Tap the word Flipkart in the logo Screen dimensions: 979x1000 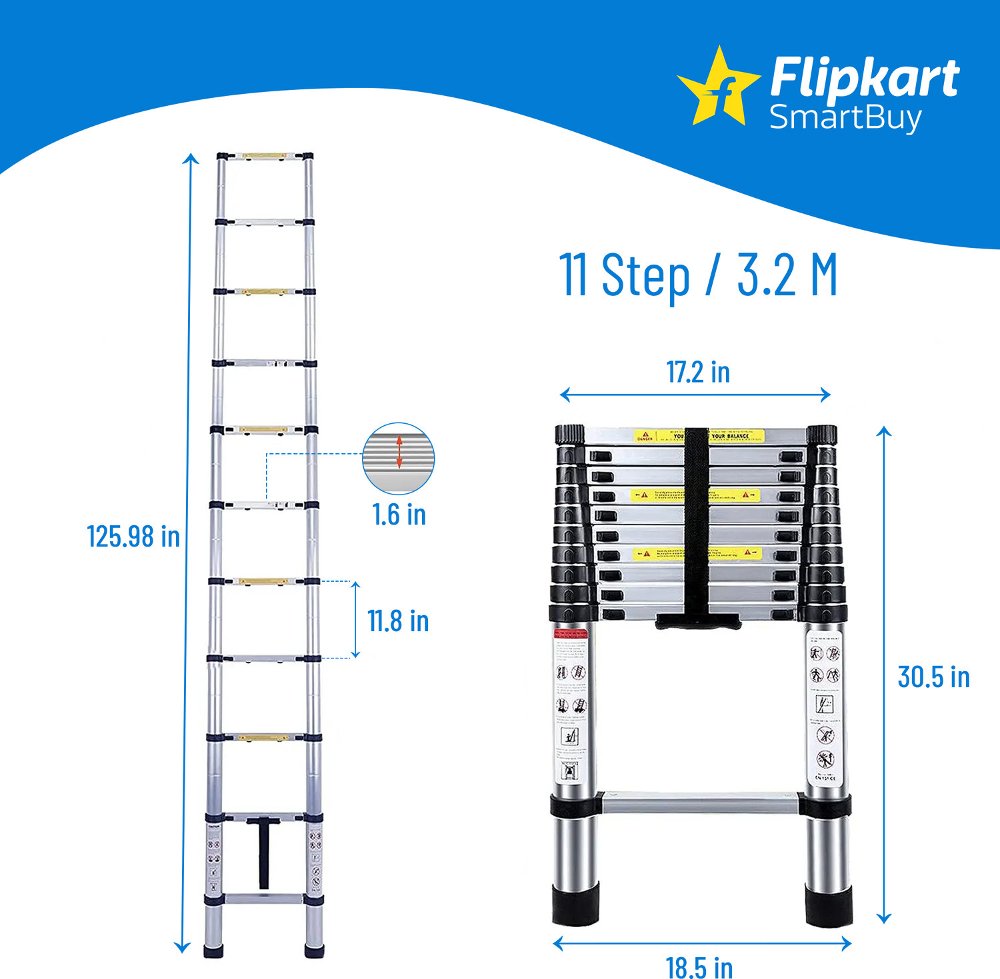[864, 79]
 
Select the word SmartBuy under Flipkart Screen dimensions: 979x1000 [845, 118]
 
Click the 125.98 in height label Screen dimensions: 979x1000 [133, 536]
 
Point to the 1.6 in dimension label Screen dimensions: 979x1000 [399, 514]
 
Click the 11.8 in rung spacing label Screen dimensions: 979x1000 [398, 621]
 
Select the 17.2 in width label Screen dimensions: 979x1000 [698, 372]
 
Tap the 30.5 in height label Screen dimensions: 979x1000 [933, 677]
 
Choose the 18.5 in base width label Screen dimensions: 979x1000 [699, 967]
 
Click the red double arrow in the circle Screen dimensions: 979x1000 [399, 451]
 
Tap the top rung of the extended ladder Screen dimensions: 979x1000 [264, 157]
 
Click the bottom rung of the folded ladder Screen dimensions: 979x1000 [700, 802]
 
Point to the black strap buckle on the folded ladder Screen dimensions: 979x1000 [698, 621]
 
